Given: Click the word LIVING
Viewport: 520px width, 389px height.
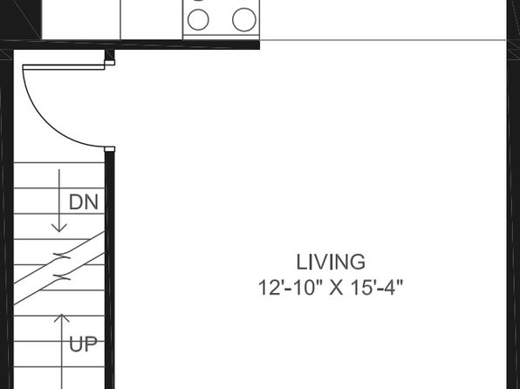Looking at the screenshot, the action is [331, 262].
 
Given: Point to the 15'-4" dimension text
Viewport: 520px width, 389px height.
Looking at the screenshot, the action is [377, 288].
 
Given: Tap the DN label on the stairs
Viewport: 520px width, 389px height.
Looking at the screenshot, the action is [84, 202].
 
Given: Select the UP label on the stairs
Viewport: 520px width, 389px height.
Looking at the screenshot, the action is [83, 345].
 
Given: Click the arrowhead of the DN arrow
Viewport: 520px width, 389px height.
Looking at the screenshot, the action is [59, 228].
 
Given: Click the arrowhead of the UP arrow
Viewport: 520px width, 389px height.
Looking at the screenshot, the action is [62, 318].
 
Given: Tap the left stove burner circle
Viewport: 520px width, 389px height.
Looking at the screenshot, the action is [198, 19].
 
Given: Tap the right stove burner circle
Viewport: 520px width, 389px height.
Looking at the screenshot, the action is [244, 19].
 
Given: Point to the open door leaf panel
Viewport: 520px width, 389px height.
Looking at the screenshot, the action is [64, 68].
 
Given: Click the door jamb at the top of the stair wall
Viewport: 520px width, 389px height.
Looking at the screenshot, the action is [109, 149].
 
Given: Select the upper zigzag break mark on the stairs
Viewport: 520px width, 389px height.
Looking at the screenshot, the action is [62, 256].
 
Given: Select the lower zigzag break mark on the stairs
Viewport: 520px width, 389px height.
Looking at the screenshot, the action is [62, 277].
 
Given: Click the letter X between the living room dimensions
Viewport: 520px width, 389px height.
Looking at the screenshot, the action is [337, 288].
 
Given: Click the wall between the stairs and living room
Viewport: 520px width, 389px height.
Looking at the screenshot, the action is [109, 270].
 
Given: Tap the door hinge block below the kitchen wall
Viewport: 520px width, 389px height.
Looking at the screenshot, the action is [110, 63].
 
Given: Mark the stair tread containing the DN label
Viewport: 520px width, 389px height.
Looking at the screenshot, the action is [59, 201].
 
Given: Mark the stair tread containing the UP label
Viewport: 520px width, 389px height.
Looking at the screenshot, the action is [59, 354].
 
